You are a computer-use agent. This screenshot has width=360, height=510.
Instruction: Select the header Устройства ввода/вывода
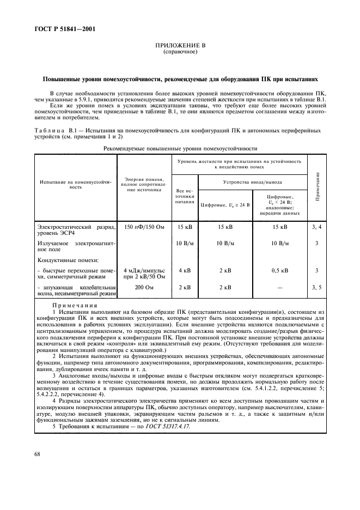click(x=252, y=182)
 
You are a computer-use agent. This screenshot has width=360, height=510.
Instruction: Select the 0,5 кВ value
click(x=280, y=270)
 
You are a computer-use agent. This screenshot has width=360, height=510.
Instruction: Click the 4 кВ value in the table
click(x=185, y=270)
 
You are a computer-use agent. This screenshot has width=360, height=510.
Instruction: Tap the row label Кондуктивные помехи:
click(x=60, y=260)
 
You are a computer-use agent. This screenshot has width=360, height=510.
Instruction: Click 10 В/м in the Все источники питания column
click(x=185, y=243)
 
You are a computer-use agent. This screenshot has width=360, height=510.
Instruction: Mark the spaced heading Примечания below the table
click(x=75, y=306)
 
